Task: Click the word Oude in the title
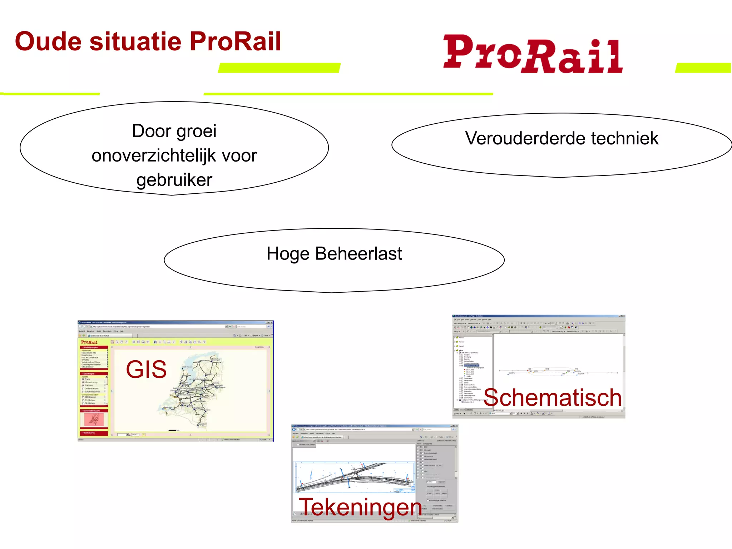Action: pos(48,41)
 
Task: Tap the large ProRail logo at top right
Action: pos(533,54)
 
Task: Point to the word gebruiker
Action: pos(174,180)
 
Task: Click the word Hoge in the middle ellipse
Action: pos(288,254)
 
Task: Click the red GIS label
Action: pos(146,370)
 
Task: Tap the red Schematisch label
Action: pos(553,397)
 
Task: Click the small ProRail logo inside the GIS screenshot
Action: pos(89,342)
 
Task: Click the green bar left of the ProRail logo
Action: pos(279,68)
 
